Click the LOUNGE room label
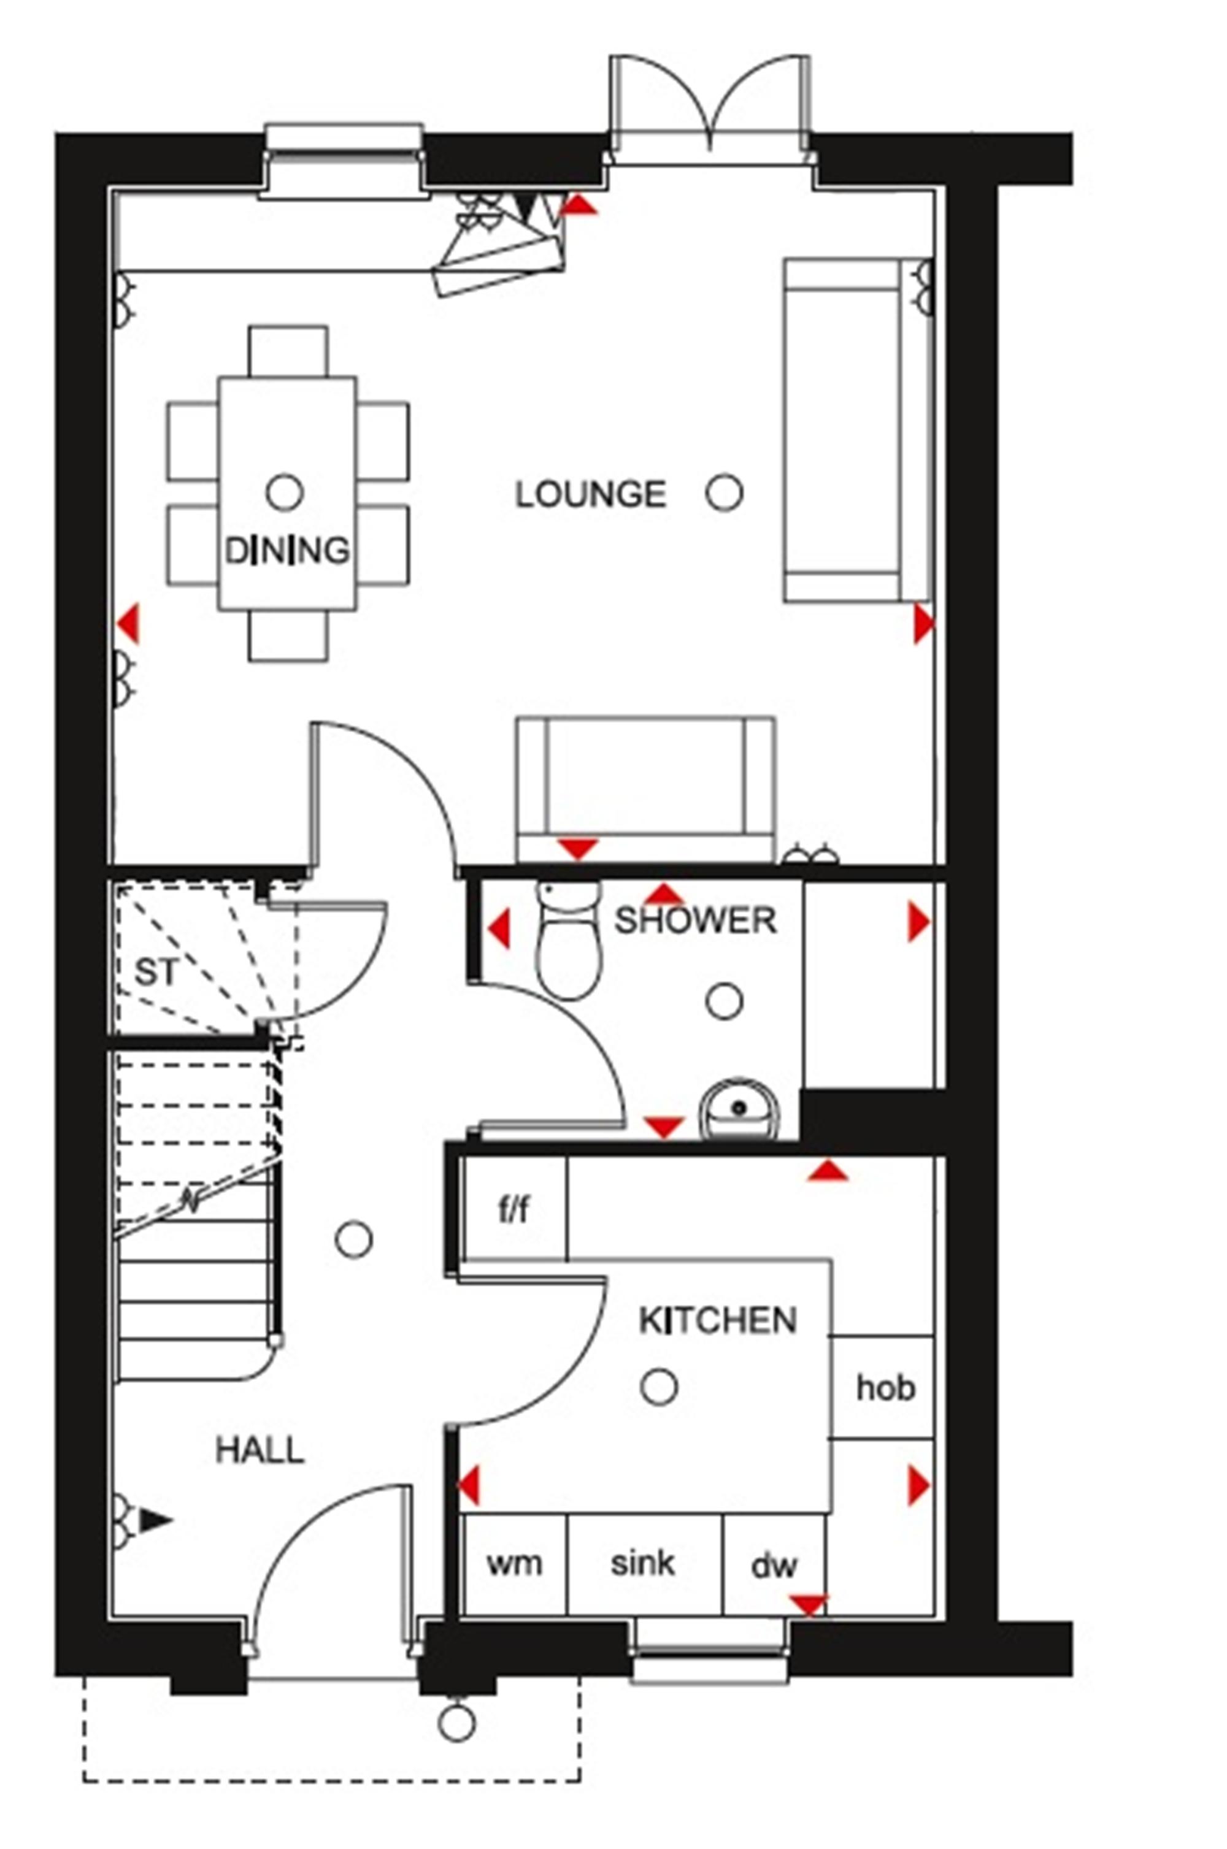(x=591, y=494)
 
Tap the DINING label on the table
(x=287, y=551)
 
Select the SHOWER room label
(x=696, y=921)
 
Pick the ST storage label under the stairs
(x=157, y=973)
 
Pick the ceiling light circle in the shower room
(x=725, y=1001)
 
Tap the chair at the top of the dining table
(x=288, y=351)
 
